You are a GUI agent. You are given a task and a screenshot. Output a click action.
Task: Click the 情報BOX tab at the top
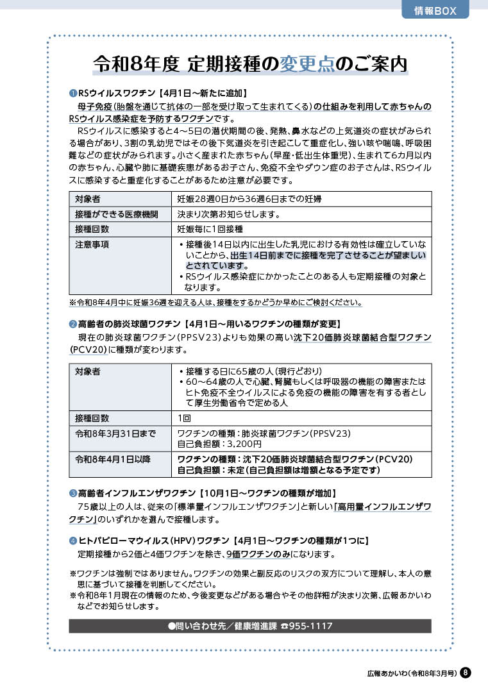436,10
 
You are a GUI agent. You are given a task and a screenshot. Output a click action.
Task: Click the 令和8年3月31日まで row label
115,433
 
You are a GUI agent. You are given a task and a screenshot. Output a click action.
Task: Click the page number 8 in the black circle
466,673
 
